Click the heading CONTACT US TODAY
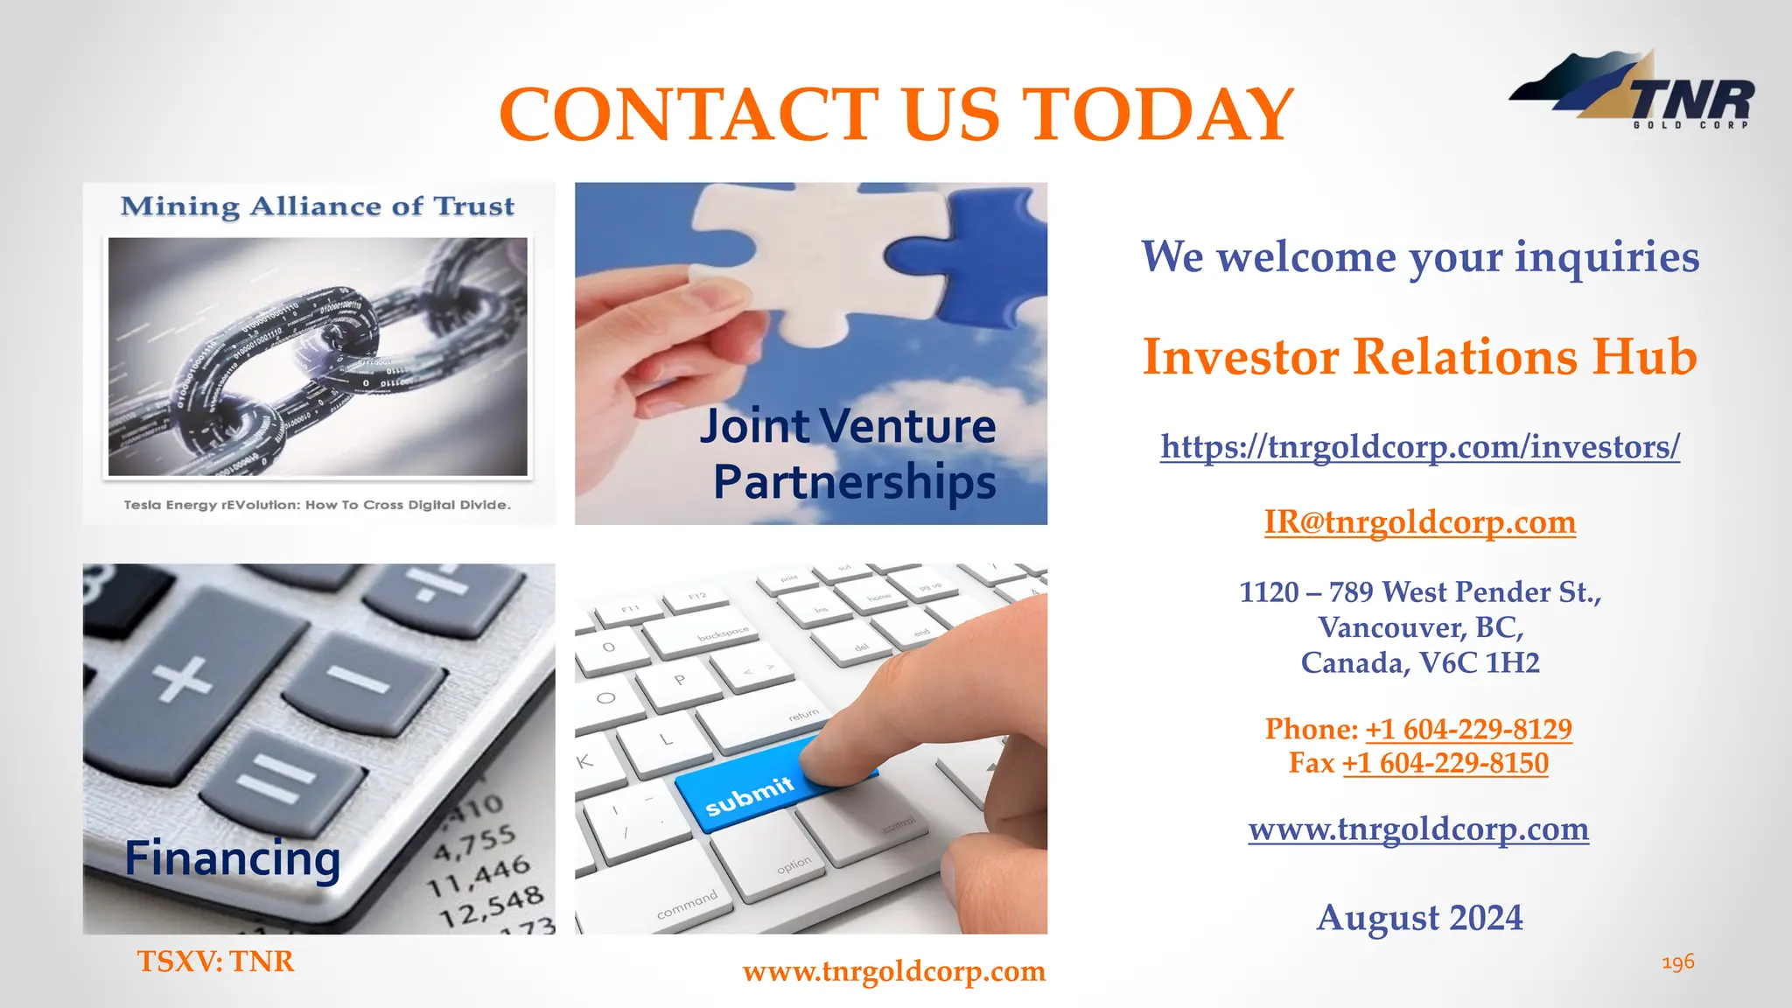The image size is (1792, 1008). coord(896,115)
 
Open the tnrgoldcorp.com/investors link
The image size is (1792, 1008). coord(1419,447)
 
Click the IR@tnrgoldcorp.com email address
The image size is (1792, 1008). coord(1419,522)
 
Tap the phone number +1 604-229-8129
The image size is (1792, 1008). coord(1468,729)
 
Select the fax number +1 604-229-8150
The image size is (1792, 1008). coord(1445,763)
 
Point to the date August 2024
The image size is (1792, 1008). coord(1419,918)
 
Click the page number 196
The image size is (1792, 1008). coord(1677,962)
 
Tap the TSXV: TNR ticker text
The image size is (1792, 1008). coord(215,962)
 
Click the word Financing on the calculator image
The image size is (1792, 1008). coord(232,858)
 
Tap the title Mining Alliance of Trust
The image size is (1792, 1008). coord(318,206)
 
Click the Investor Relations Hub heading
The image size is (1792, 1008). coord(1419,357)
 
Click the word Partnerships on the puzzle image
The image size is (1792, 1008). coord(854,482)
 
